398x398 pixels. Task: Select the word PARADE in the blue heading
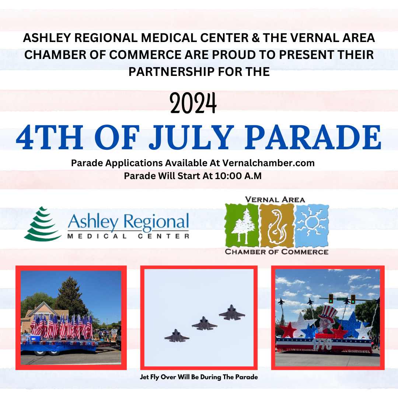pos(314,137)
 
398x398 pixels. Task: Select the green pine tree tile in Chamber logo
pos(241,226)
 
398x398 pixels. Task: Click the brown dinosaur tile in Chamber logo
pos(276,226)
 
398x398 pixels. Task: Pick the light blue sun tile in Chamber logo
pos(312,225)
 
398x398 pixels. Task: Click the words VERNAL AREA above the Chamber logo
pos(275,199)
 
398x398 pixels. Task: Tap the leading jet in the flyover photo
pos(232,313)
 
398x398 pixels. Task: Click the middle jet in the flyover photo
pos(205,323)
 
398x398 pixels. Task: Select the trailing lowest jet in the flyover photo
pos(177,336)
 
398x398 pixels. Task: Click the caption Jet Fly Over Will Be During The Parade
pos(199,377)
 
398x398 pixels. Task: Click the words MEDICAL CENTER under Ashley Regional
pos(128,236)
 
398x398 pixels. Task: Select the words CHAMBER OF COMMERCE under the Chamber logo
pos(276,252)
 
